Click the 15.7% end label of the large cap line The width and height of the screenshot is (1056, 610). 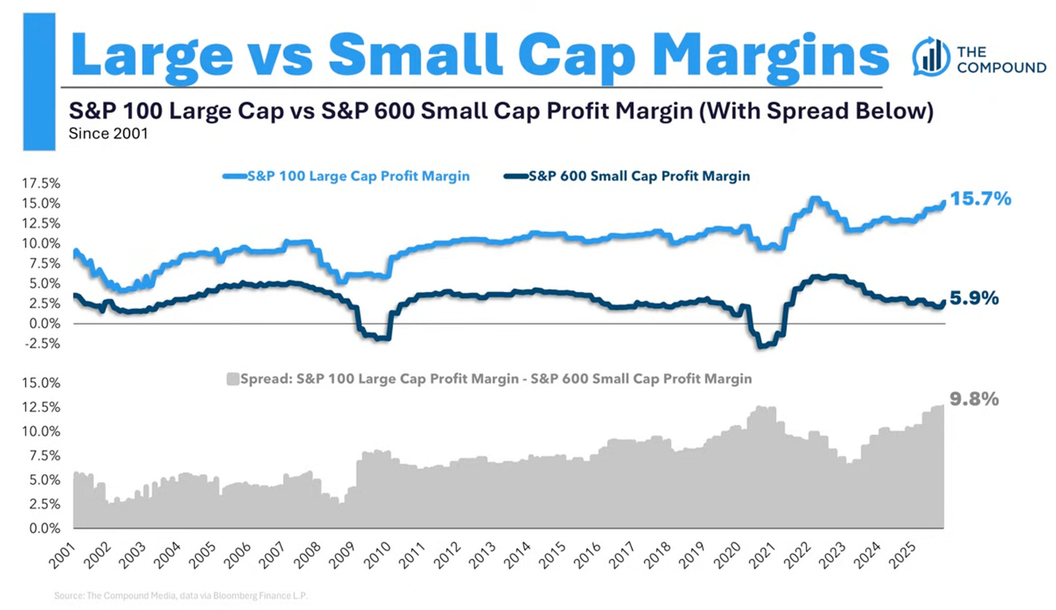[981, 199]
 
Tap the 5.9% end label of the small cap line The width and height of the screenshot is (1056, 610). [974, 298]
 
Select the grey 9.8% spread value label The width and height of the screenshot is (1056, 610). [974, 399]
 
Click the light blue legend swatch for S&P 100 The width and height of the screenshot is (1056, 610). [234, 176]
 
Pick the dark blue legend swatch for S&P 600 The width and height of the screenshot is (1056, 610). [516, 176]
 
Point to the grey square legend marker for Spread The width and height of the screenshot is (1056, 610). [233, 379]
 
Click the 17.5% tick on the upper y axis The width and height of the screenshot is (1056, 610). [41, 183]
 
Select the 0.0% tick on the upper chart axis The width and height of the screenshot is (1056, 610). [44, 323]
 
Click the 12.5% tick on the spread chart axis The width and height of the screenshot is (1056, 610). [41, 407]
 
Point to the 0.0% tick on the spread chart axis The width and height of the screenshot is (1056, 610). [44, 528]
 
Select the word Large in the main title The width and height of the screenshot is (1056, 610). [152, 54]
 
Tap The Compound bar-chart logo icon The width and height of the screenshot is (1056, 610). [931, 57]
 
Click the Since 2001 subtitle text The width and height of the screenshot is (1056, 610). [108, 133]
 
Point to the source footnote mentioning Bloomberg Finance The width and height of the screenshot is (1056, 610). [181, 595]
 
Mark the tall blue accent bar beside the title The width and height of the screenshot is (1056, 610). [39, 81]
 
